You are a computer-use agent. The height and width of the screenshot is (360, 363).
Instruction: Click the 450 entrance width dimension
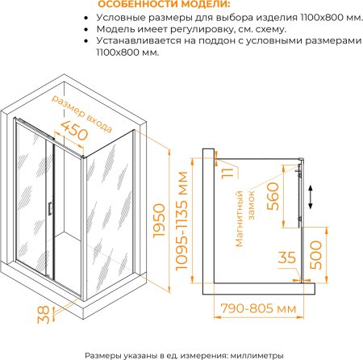click(74, 130)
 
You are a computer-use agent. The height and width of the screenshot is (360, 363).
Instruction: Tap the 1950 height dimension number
click(159, 220)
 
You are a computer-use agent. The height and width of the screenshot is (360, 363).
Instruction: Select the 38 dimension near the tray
click(44, 315)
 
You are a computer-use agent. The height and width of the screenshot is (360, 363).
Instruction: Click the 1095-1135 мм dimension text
click(181, 220)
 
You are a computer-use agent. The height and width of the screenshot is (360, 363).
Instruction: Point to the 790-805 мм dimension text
click(258, 308)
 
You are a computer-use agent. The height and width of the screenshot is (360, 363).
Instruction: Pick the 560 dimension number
click(273, 196)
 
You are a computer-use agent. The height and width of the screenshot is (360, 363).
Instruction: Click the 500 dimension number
click(315, 255)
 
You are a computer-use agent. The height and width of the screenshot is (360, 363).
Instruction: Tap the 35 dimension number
click(287, 257)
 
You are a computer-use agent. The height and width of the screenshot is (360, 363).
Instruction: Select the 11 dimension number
click(227, 173)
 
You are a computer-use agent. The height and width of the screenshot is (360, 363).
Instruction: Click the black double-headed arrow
click(311, 197)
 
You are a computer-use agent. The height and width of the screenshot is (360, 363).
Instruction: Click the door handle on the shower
click(50, 208)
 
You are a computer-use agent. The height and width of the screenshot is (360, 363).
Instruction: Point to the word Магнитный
click(239, 219)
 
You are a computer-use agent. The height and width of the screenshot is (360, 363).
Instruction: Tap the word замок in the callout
click(251, 205)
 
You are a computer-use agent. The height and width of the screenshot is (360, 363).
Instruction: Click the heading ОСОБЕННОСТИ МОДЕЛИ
click(165, 5)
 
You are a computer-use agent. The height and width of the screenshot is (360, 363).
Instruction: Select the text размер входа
click(81, 114)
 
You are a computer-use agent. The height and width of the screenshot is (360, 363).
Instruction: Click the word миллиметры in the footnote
click(257, 355)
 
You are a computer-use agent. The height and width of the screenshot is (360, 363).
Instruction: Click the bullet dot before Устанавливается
click(86, 41)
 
